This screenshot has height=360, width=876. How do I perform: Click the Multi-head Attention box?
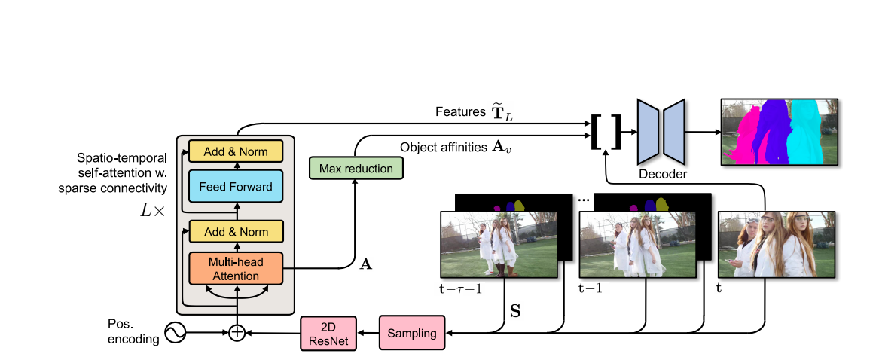(x=236, y=268)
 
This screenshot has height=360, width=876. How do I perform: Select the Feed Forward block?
(x=236, y=187)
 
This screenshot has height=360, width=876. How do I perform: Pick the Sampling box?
(x=412, y=333)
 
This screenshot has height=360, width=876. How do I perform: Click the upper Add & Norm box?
(x=236, y=151)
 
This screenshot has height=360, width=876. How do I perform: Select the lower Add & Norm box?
(x=236, y=230)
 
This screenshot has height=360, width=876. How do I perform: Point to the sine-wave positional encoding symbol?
(x=175, y=332)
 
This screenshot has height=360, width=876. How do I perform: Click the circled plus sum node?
(x=237, y=332)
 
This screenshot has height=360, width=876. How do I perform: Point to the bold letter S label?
(x=515, y=309)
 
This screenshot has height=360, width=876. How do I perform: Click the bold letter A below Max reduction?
(x=367, y=264)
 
